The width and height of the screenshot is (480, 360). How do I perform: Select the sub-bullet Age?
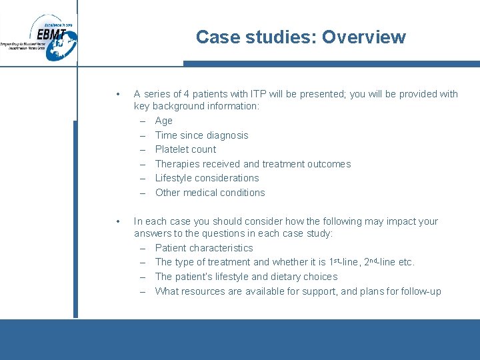pos(163,121)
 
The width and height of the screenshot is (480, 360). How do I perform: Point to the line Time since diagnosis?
pos(201,135)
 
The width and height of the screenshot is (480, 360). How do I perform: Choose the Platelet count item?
pos(185,149)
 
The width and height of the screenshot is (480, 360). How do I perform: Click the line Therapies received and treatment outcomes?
pos(253,164)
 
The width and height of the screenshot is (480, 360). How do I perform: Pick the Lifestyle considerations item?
pos(207,178)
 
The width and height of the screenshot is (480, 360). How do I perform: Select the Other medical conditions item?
pos(210,193)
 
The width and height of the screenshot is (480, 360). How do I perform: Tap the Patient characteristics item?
pos(204,248)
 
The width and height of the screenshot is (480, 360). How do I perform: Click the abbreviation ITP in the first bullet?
pos(258,94)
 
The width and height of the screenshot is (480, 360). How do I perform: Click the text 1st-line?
pos(345,262)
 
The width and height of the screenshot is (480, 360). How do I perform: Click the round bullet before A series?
pos(117,94)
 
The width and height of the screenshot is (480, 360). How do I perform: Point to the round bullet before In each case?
pos(117,221)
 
